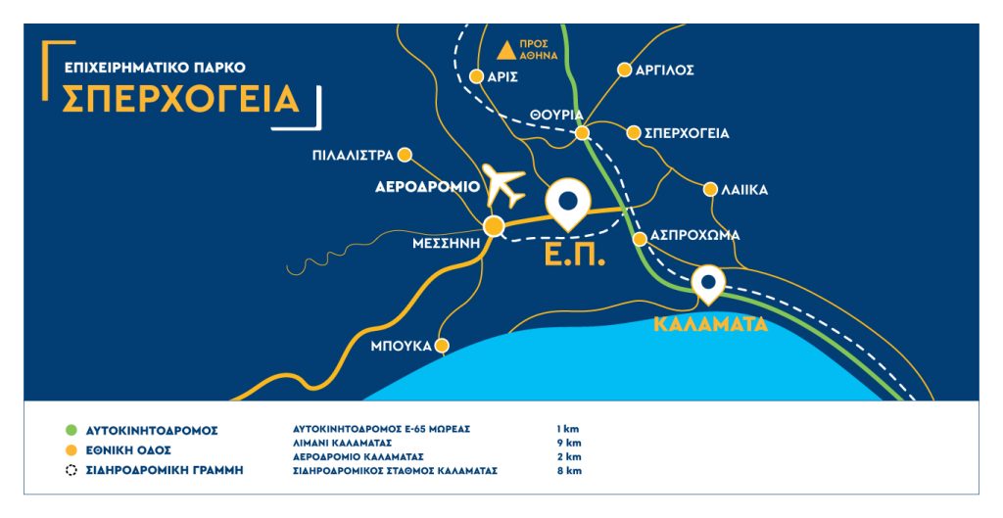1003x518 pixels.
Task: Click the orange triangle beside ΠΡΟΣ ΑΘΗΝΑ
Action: pyautogui.click(x=507, y=49)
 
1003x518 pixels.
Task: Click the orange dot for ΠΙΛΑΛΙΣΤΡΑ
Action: pyautogui.click(x=406, y=155)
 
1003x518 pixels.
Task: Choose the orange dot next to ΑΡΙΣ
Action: pyautogui.click(x=477, y=75)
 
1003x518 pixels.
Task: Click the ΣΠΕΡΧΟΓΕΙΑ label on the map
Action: pyautogui.click(x=687, y=133)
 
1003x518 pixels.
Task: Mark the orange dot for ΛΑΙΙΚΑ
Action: pyautogui.click(x=712, y=189)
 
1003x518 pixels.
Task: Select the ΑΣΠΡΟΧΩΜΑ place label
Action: pyautogui.click(x=694, y=236)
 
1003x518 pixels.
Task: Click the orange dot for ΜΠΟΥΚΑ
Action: pyautogui.click(x=442, y=346)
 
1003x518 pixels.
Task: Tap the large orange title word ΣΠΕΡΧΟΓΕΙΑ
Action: pyautogui.click(x=181, y=99)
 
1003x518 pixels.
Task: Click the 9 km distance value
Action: pyautogui.click(x=568, y=443)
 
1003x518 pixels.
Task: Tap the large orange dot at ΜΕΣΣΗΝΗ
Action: pyautogui.click(x=496, y=227)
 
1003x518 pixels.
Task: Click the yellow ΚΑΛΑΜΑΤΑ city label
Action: pyautogui.click(x=710, y=325)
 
